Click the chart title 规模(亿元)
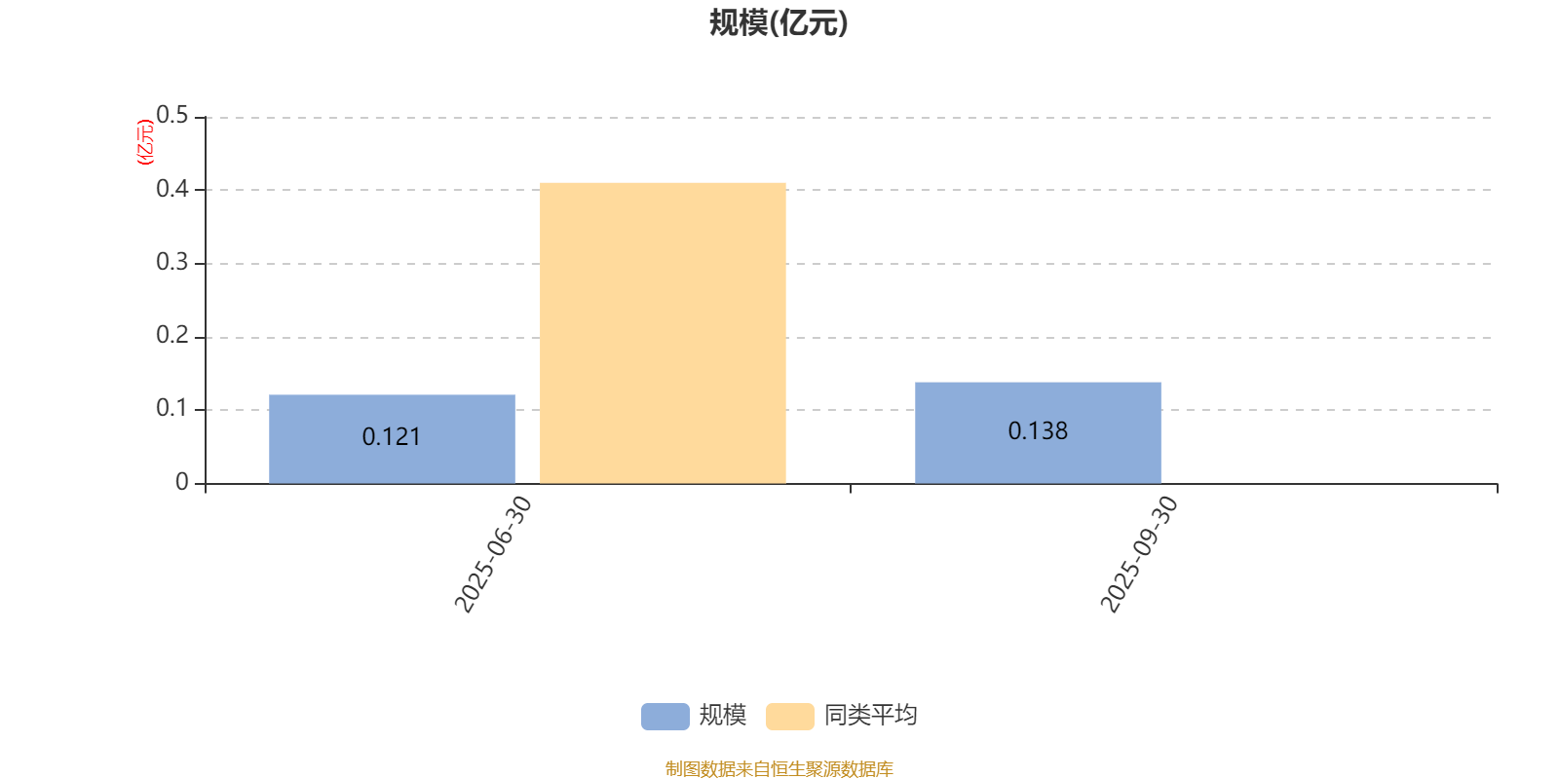(779, 23)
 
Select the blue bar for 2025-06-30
(392, 439)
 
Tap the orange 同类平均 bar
(663, 333)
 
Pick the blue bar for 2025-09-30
(1038, 432)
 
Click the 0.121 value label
(391, 437)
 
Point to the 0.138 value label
(1038, 431)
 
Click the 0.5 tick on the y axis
(171, 115)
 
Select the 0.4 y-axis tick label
(171, 189)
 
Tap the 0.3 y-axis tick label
(171, 262)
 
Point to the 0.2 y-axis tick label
(171, 335)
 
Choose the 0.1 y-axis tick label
(171, 408)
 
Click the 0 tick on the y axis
(181, 481)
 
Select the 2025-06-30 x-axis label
(493, 554)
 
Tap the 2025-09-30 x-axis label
(1139, 554)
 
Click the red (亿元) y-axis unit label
(145, 142)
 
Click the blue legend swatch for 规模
(665, 717)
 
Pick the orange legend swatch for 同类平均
(790, 717)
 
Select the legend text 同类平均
(871, 715)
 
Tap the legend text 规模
(723, 715)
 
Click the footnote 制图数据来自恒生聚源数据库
(779, 768)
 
